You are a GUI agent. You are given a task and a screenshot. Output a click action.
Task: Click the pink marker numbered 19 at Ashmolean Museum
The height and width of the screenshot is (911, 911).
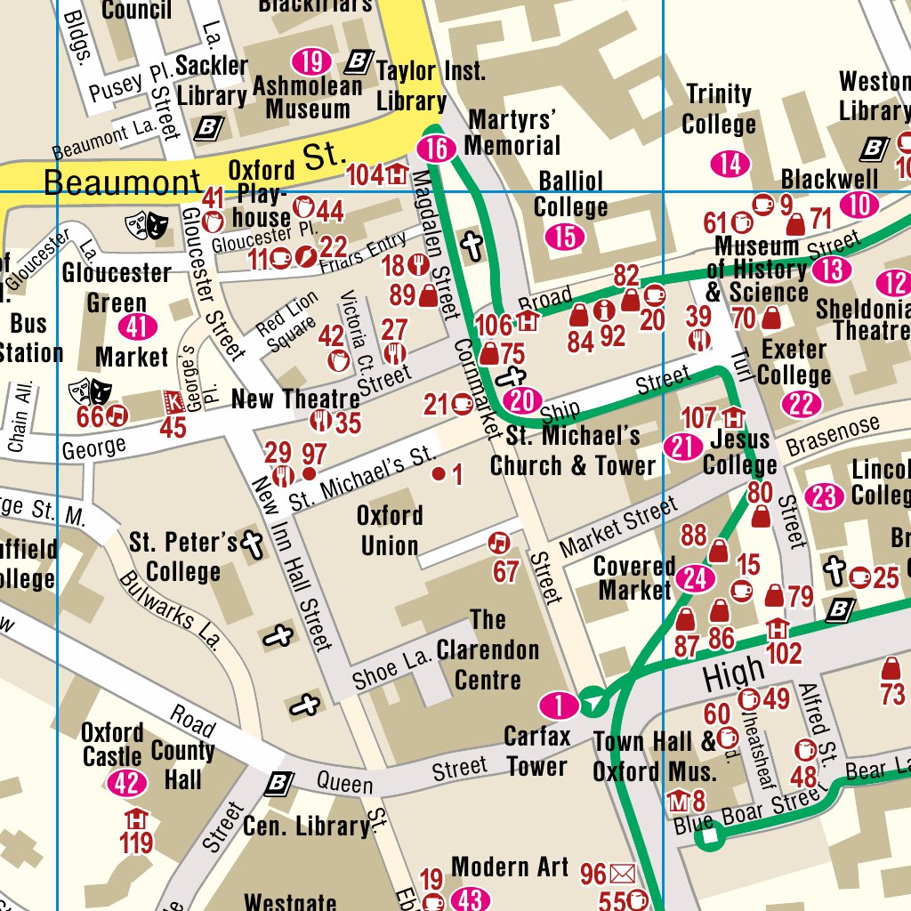click(311, 61)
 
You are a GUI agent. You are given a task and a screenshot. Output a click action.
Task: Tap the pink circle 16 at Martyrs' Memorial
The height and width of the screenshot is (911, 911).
click(436, 149)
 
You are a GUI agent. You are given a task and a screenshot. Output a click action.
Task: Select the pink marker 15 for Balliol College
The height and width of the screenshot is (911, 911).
click(565, 237)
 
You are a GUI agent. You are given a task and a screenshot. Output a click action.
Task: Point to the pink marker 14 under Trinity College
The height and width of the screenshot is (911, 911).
click(730, 164)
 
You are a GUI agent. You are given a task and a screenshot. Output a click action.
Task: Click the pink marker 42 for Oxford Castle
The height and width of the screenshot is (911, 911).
click(125, 783)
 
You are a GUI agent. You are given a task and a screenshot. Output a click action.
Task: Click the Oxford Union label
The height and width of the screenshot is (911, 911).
click(390, 530)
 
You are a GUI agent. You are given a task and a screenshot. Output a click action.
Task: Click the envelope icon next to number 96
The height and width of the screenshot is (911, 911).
click(623, 875)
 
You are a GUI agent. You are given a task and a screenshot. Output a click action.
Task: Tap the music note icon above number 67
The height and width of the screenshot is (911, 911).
click(500, 542)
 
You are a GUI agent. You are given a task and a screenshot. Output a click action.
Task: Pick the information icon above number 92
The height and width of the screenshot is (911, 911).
click(606, 310)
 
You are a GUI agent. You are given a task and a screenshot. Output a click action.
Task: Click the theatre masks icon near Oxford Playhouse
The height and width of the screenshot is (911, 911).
click(147, 223)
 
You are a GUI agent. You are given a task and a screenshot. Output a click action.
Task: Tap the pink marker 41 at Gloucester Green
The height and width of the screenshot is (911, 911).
click(136, 327)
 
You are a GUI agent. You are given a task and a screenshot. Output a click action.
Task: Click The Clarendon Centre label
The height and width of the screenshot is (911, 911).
click(488, 649)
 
